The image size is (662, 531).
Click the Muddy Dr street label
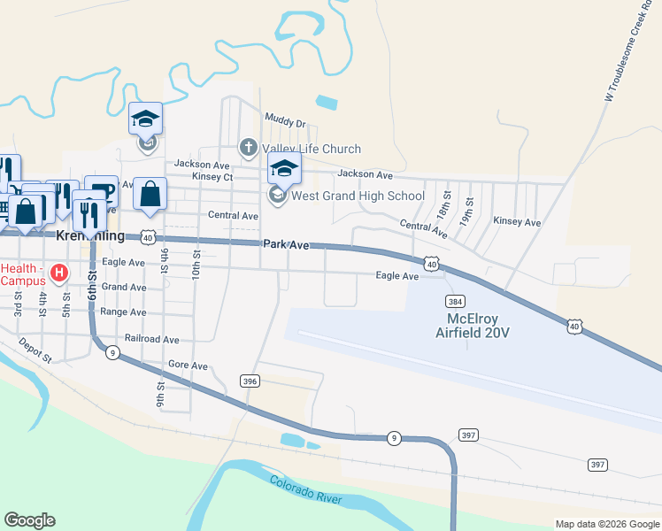(284, 123)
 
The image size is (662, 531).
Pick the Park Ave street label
(285, 244)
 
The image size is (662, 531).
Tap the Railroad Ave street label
(152, 339)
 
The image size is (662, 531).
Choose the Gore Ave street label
(187, 366)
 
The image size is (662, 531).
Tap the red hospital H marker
(59, 273)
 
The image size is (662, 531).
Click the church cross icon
(249, 147)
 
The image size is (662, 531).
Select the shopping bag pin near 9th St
(150, 195)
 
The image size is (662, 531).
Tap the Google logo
(29, 520)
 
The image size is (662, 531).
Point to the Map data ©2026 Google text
(606, 524)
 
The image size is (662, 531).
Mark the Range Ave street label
(124, 312)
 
